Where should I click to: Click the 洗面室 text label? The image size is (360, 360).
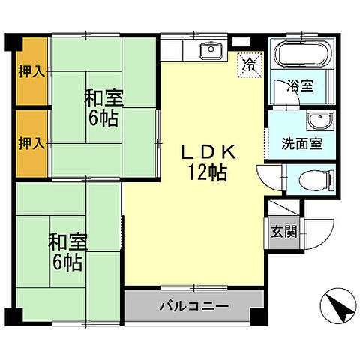tap(302, 142)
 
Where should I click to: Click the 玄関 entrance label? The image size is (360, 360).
tap(283, 231)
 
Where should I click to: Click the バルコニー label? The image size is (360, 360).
tap(194, 306)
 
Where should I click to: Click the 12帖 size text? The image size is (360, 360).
tap(208, 172)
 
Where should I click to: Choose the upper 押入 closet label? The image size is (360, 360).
tap(31, 72)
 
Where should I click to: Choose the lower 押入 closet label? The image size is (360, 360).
tap(31, 142)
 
